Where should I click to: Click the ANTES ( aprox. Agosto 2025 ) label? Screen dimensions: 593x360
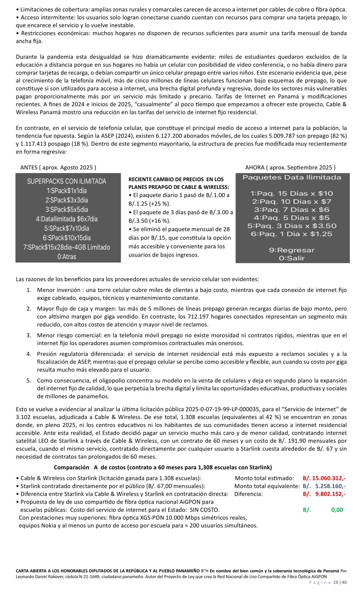[x=58, y=167]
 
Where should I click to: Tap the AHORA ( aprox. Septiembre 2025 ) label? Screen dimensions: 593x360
[x=290, y=167]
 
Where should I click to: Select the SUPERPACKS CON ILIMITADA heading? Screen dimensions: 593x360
[x=66, y=181]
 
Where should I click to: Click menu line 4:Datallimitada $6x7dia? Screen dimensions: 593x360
[x=66, y=219]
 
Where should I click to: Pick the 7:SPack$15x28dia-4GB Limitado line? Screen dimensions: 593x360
[x=66, y=247]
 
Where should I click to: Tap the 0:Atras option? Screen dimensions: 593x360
[x=66, y=256]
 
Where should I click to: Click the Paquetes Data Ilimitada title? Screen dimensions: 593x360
[x=291, y=177]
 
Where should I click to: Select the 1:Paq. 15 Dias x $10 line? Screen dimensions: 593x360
[x=291, y=194]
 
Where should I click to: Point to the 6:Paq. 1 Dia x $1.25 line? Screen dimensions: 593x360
[x=291, y=234]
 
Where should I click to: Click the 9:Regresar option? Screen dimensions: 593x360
[x=291, y=250]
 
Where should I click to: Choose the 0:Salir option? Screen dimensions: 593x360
[x=291, y=258]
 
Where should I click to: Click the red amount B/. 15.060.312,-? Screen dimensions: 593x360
[x=324, y=478]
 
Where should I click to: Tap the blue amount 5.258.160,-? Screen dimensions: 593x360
[x=330, y=486]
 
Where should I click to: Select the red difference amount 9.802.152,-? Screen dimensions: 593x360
[x=330, y=494]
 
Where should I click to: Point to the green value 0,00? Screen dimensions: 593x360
[x=337, y=510]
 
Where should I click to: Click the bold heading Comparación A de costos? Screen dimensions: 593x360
[x=163, y=467]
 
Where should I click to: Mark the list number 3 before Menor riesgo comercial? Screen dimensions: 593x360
[x=29, y=335]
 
